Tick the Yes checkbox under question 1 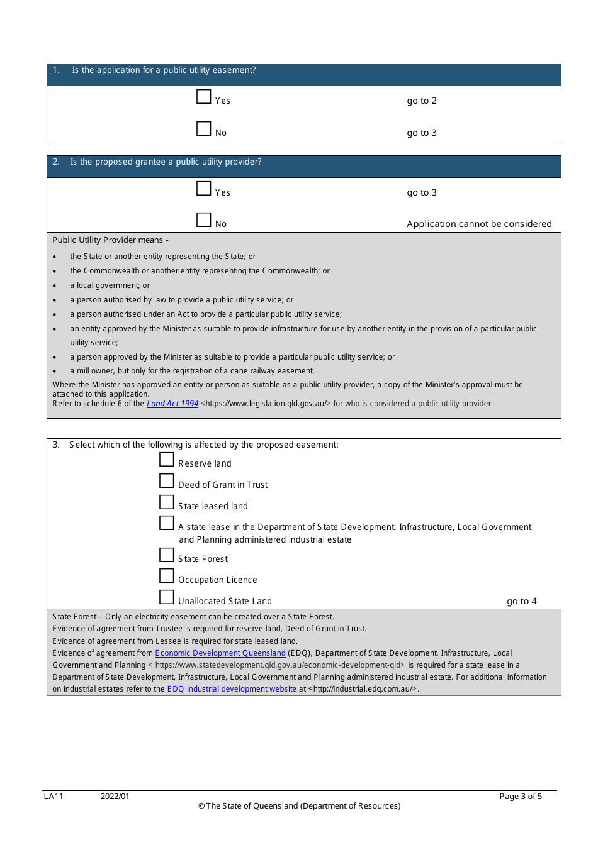click(x=203, y=97)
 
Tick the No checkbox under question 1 click(x=203, y=129)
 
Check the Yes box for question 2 click(x=203, y=189)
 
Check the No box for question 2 click(x=203, y=220)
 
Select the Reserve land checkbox click(x=166, y=460)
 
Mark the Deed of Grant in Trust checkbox click(x=166, y=481)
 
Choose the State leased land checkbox click(x=166, y=502)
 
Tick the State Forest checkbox click(x=166, y=555)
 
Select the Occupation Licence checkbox click(x=166, y=576)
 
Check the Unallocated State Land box click(x=166, y=597)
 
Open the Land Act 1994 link click(x=172, y=404)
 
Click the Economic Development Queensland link click(x=220, y=653)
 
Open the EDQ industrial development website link click(x=232, y=689)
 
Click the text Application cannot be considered click(x=479, y=224)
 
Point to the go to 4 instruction click(x=521, y=601)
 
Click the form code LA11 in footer click(x=54, y=797)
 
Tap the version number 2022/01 click(x=115, y=797)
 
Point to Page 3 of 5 click(x=520, y=797)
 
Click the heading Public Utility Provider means click(x=110, y=240)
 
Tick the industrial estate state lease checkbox click(x=166, y=523)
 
